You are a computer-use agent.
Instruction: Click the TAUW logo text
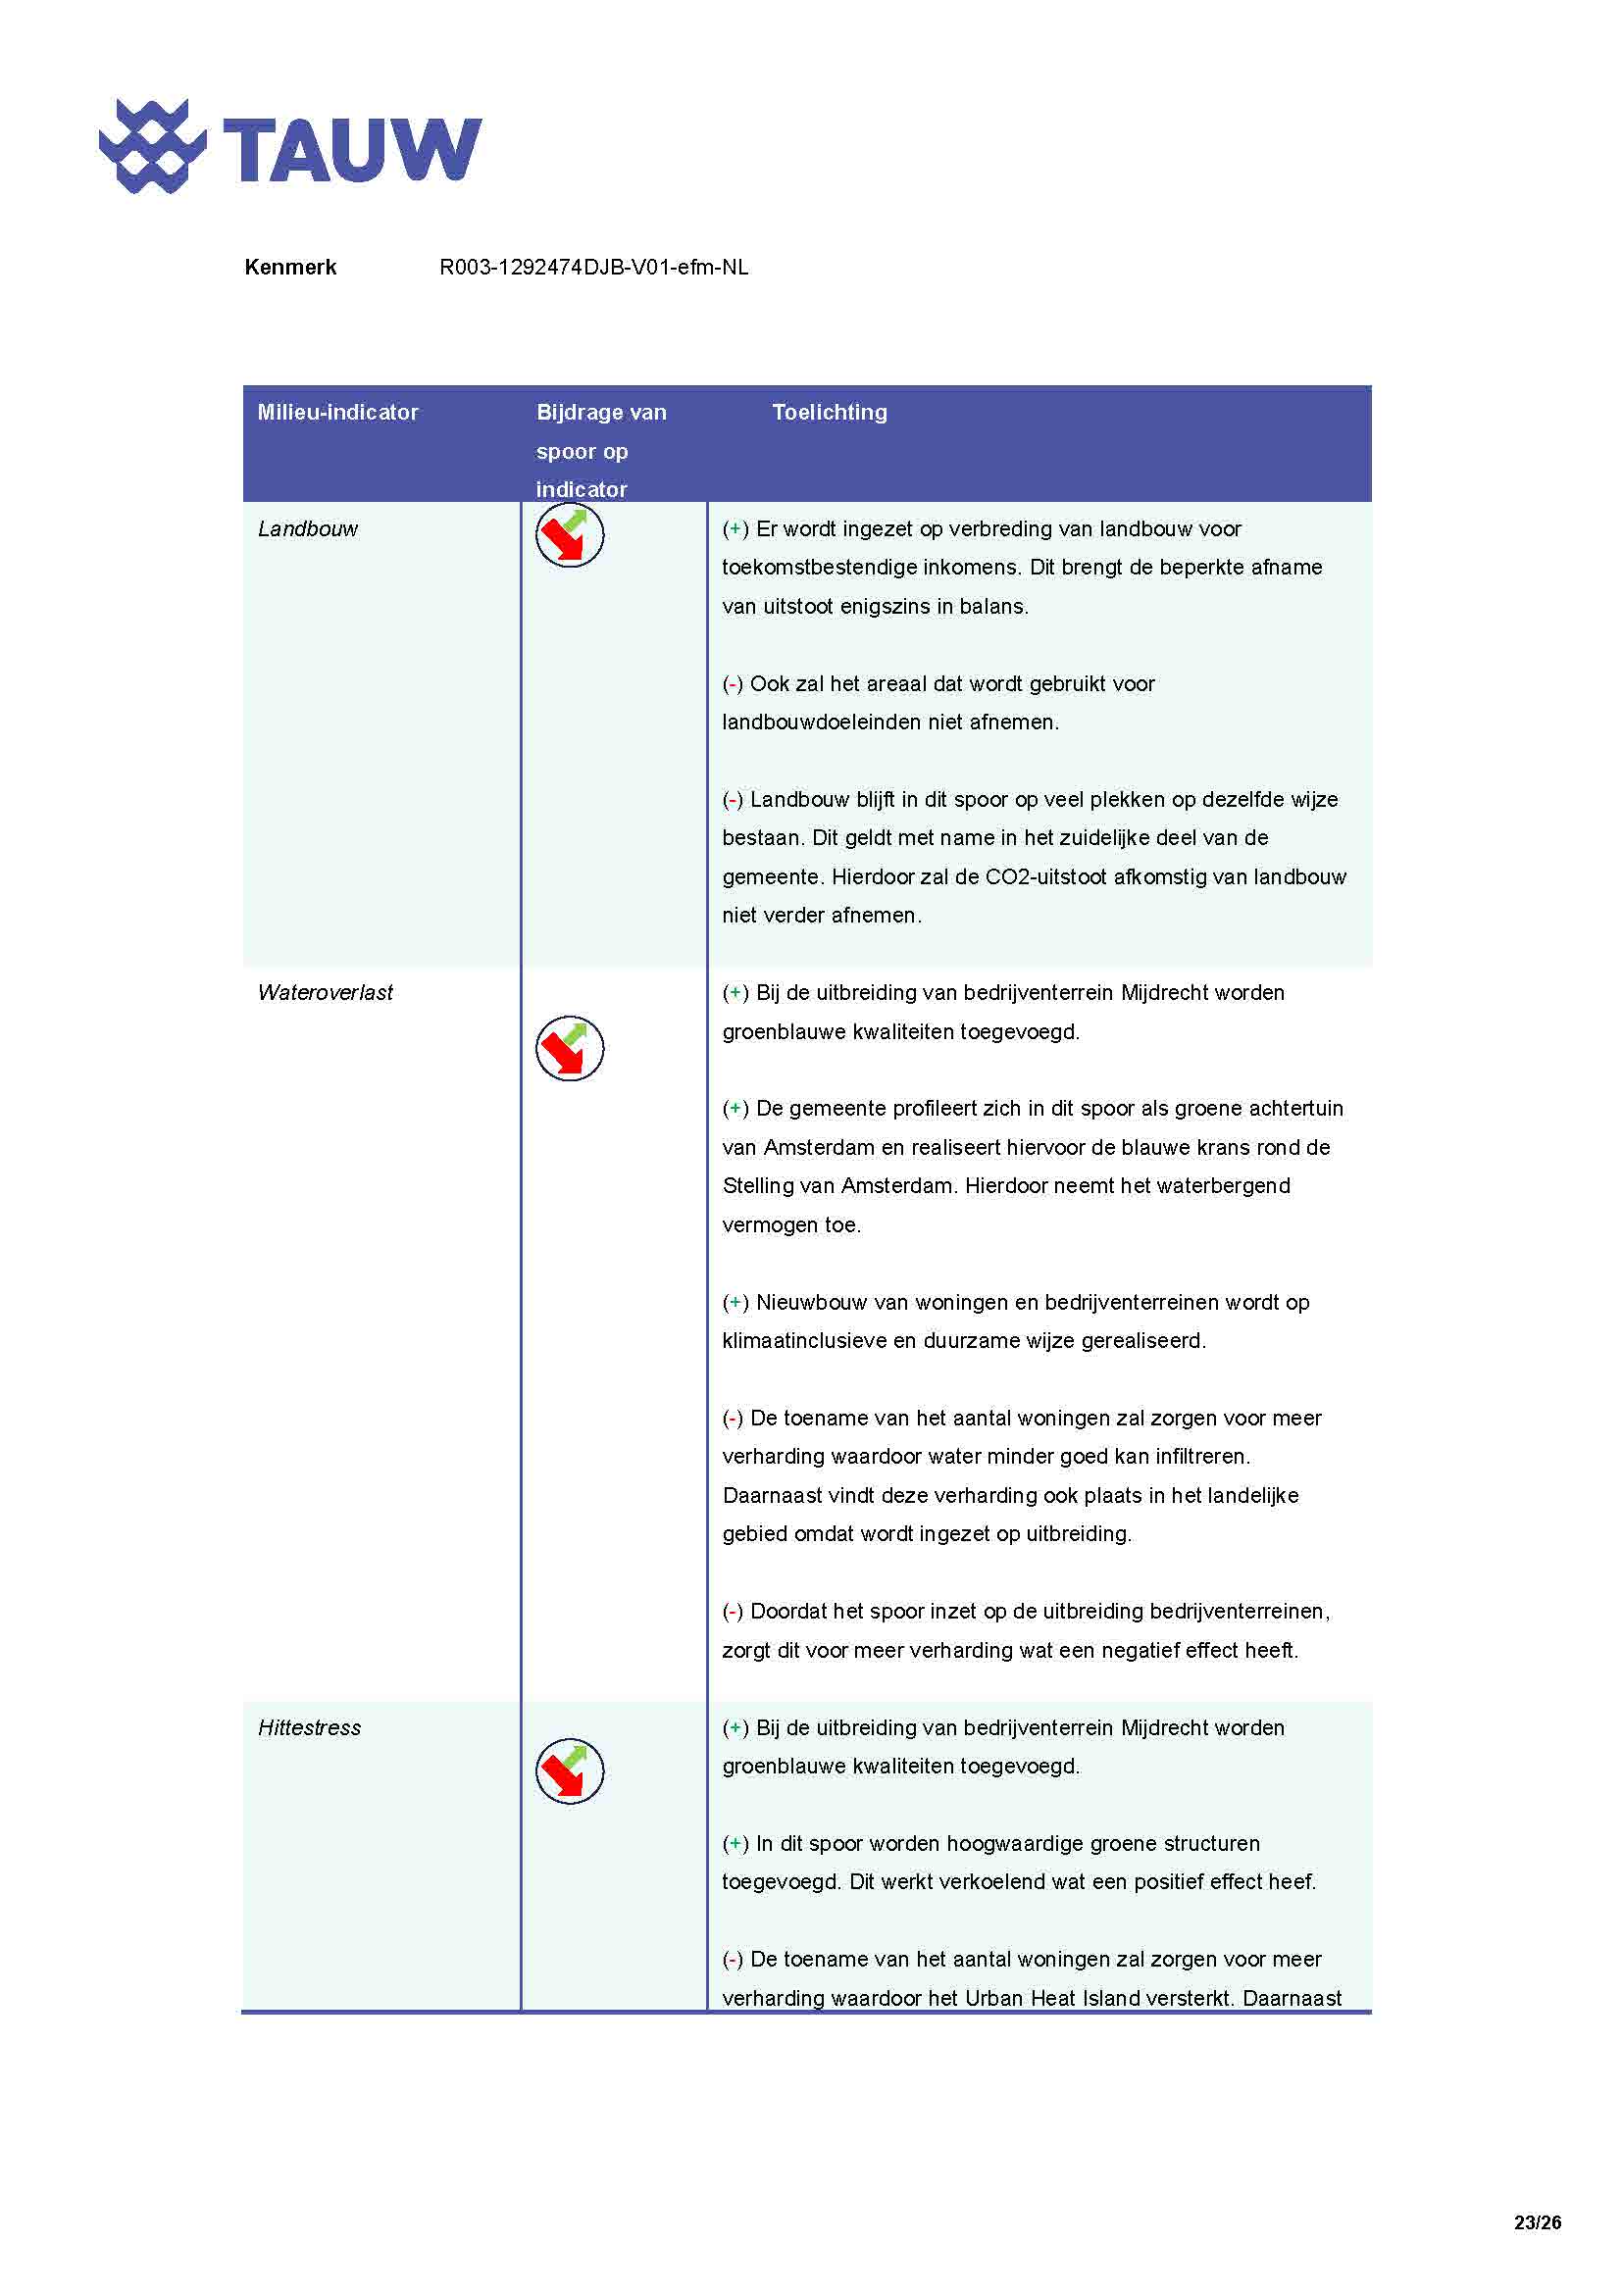coord(352,150)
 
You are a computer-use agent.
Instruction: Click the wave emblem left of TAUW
coord(152,147)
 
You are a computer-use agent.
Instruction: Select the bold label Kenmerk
coord(289,267)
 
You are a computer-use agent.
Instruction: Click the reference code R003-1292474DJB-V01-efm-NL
coord(593,267)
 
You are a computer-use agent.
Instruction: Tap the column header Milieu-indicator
coord(337,412)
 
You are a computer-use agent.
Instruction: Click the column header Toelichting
coord(829,412)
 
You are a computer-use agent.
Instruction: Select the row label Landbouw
coord(308,528)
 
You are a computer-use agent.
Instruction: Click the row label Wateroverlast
coord(325,992)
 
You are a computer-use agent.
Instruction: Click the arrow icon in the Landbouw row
coord(570,535)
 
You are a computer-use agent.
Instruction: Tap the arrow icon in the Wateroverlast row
coord(570,1049)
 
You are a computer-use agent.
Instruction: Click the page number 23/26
coord(1536,2222)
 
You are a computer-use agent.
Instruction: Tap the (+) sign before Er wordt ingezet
coord(735,528)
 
